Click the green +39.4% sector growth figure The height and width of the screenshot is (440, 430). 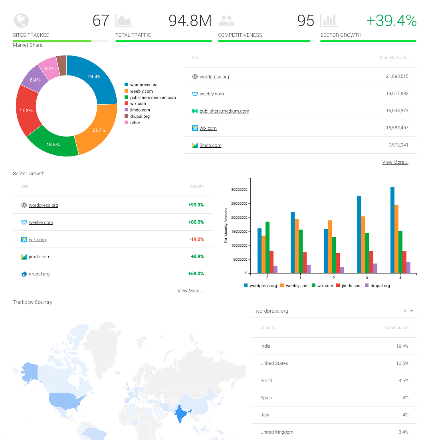(x=391, y=20)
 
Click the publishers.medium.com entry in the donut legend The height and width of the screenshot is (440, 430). (x=153, y=97)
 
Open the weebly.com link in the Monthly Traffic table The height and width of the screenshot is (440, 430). (x=212, y=94)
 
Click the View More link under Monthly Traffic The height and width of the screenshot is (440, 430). (x=395, y=162)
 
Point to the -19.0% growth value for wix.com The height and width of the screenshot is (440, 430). (x=196, y=240)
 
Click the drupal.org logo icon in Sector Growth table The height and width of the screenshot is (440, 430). (x=24, y=274)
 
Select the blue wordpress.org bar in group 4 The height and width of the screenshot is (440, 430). (x=392, y=230)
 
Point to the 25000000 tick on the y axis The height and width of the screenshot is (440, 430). (x=240, y=204)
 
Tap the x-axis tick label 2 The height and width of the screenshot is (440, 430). (x=334, y=277)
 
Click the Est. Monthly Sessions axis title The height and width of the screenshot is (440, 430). (x=226, y=226)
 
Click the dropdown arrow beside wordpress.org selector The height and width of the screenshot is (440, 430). (x=412, y=311)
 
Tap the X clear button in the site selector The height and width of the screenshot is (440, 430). (x=405, y=311)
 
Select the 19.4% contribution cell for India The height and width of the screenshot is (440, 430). (x=402, y=346)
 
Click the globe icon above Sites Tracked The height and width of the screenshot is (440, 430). (x=21, y=20)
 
